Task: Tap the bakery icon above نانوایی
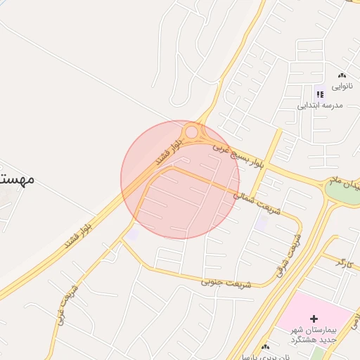pyautogui.click(x=342, y=75)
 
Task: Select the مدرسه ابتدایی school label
pyautogui.click(x=319, y=105)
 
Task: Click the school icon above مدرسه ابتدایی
pyautogui.click(x=320, y=94)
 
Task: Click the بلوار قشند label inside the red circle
pyautogui.click(x=169, y=150)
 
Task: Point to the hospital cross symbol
pyautogui.click(x=314, y=319)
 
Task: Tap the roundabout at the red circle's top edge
pyautogui.click(x=191, y=131)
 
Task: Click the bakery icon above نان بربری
pyautogui.click(x=265, y=347)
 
